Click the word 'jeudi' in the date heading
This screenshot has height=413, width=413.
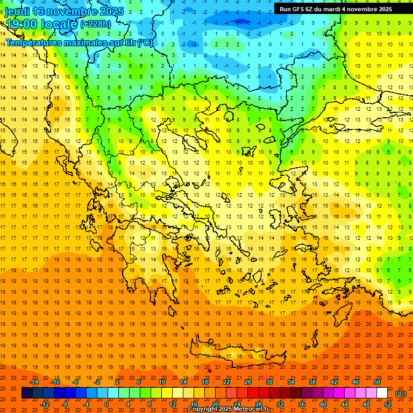point(17,11)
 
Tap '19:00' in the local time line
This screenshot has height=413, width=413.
point(22,24)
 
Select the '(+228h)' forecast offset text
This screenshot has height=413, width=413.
point(96,24)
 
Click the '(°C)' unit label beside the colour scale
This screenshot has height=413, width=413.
point(401,394)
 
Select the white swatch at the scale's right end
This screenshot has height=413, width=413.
point(382,393)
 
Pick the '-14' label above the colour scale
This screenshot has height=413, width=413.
point(34,382)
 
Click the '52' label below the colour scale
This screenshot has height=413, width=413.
point(388,404)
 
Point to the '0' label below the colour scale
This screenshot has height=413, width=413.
point(106,404)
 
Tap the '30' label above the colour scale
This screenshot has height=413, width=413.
point(269,382)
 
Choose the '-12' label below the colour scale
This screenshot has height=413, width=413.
point(45,404)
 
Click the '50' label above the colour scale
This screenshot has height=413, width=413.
point(377,382)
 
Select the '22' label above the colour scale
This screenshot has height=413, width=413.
point(226,382)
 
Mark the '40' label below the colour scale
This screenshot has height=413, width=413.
point(323,404)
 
